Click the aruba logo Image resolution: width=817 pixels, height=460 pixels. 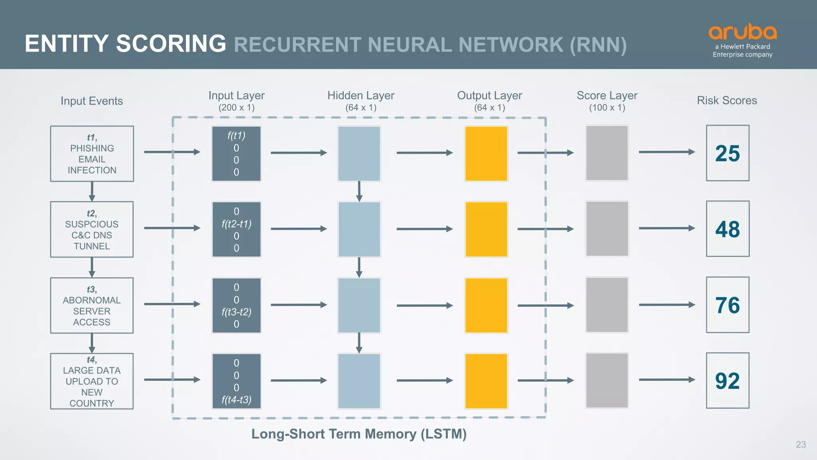point(742,32)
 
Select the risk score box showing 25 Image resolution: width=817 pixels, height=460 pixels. point(727,153)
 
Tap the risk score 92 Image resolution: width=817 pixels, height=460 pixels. point(727,381)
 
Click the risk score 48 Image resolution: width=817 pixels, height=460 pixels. point(727,229)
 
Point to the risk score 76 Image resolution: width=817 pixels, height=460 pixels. point(727,305)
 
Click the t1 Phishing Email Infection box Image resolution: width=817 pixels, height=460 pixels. point(92,154)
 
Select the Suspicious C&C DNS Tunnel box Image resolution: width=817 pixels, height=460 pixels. point(92,229)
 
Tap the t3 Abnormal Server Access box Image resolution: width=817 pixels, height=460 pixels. point(92,305)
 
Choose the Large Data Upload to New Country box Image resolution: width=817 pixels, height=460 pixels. point(92,381)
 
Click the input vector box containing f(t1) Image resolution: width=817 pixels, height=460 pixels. point(236,154)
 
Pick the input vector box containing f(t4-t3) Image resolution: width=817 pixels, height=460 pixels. point(236,381)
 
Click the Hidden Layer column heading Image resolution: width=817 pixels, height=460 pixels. point(361,96)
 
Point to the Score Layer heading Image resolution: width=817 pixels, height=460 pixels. point(607,96)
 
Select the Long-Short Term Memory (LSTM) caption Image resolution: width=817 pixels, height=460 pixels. point(359,434)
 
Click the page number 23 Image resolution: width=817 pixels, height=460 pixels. point(801,444)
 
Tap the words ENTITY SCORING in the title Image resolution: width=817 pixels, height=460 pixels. point(125,44)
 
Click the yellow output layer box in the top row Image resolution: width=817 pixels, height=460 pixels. point(486,154)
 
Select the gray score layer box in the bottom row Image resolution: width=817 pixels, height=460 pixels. point(607,381)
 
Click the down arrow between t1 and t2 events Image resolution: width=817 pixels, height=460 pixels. point(92,191)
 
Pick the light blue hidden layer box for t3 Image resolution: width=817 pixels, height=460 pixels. point(359,305)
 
